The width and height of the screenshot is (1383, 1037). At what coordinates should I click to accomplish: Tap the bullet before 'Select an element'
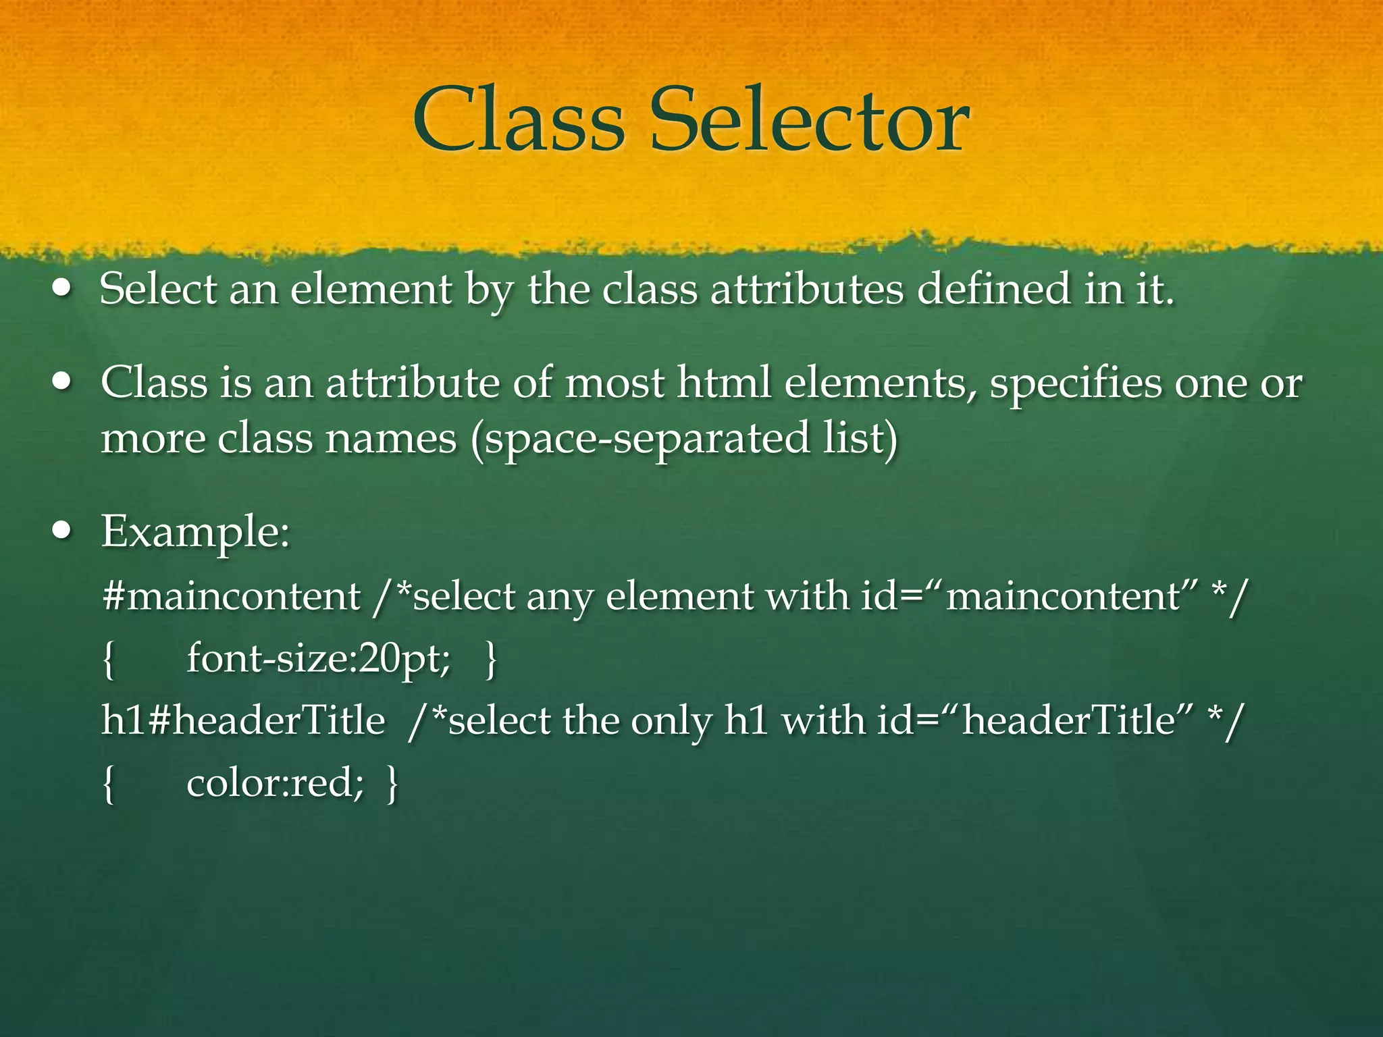pyautogui.click(x=63, y=290)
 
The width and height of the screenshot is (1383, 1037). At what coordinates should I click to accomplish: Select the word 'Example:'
pyautogui.click(x=196, y=533)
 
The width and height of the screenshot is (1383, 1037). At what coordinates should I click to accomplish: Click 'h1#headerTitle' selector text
pyautogui.click(x=243, y=720)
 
